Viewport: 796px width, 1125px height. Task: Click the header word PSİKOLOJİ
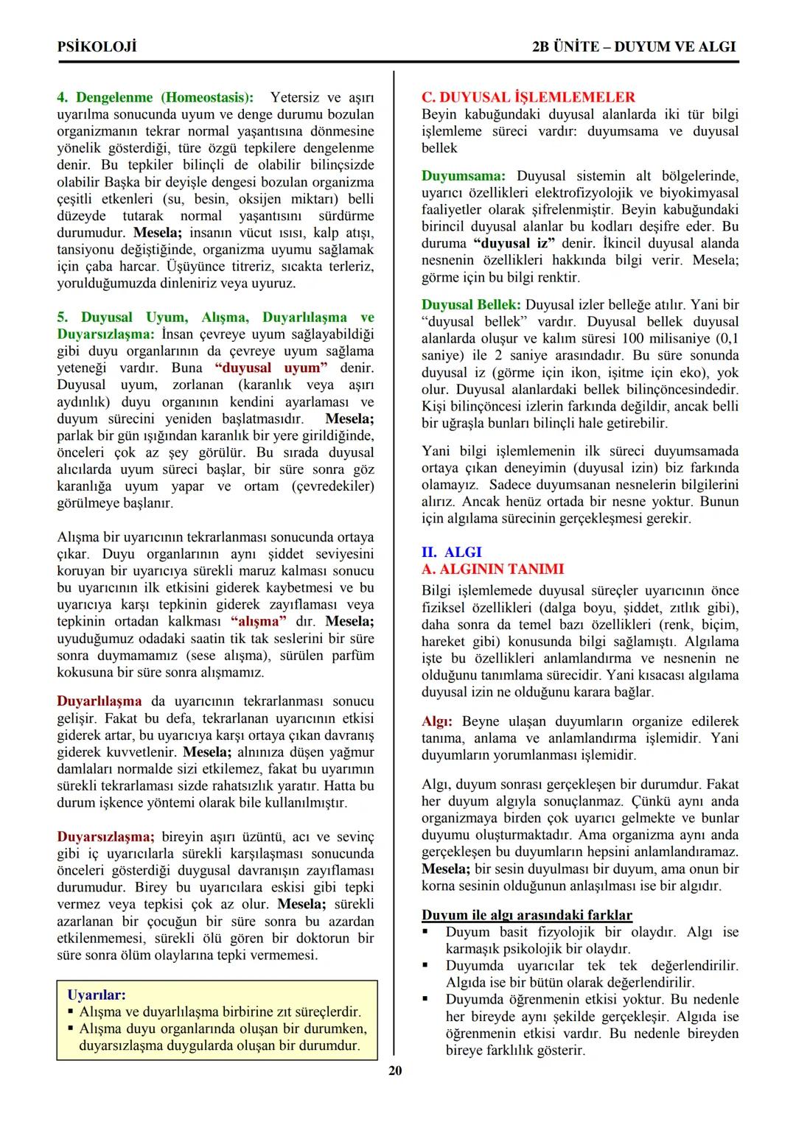[97, 46]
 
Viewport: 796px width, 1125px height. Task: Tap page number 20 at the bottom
[395, 1070]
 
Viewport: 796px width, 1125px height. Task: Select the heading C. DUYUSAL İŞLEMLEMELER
[528, 97]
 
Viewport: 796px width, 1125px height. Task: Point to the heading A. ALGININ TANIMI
[492, 569]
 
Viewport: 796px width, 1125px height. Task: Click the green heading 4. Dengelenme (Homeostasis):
[155, 97]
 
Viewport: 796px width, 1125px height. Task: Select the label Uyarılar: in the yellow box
[97, 995]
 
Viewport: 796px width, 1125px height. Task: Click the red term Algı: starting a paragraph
[437, 721]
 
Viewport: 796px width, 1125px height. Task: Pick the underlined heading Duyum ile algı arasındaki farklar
[526, 915]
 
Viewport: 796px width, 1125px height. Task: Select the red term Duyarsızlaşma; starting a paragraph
[105, 837]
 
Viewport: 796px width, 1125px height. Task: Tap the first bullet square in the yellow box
[71, 1012]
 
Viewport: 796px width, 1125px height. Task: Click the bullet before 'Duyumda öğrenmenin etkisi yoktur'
[426, 1000]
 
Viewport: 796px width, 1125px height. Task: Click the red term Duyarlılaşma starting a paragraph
[99, 701]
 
